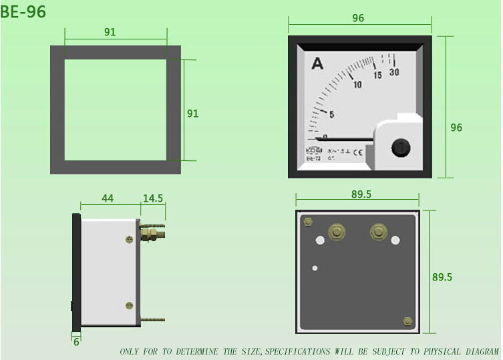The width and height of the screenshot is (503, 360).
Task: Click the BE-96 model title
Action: tap(24, 11)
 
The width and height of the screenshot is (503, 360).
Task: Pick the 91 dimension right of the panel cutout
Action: tap(192, 114)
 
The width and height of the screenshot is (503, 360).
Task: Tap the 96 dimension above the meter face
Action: tap(358, 18)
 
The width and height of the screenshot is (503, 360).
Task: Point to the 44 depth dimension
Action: tap(108, 199)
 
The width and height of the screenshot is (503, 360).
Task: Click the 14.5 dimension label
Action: tap(153, 199)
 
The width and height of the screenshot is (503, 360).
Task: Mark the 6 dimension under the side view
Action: tap(76, 341)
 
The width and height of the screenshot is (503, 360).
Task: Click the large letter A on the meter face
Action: tap(317, 64)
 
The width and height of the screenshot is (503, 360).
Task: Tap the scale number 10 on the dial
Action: tap(357, 85)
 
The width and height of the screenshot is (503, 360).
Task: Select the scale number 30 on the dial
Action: tap(394, 73)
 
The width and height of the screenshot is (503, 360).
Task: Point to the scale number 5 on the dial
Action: tap(331, 114)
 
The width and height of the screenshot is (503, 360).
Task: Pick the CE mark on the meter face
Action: tap(357, 152)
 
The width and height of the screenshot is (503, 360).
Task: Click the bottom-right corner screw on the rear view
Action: tap(407, 321)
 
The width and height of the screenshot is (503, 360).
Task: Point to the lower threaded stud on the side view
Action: tap(152, 320)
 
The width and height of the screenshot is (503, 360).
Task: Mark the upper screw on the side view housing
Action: tap(130, 239)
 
